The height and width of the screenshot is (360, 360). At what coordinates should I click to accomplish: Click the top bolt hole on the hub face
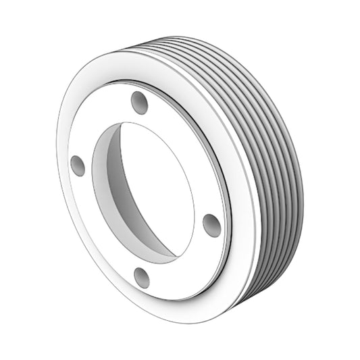pyautogui.click(x=139, y=103)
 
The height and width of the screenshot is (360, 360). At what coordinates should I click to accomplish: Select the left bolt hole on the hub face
pyautogui.click(x=78, y=165)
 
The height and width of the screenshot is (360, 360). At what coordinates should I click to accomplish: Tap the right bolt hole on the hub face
pyautogui.click(x=211, y=224)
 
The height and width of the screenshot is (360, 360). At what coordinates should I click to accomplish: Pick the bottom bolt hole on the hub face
pyautogui.click(x=141, y=277)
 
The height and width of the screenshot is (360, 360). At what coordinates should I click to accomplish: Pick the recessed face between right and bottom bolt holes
pyautogui.click(x=182, y=263)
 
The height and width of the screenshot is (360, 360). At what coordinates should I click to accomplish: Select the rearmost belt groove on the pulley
pyautogui.click(x=294, y=169)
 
